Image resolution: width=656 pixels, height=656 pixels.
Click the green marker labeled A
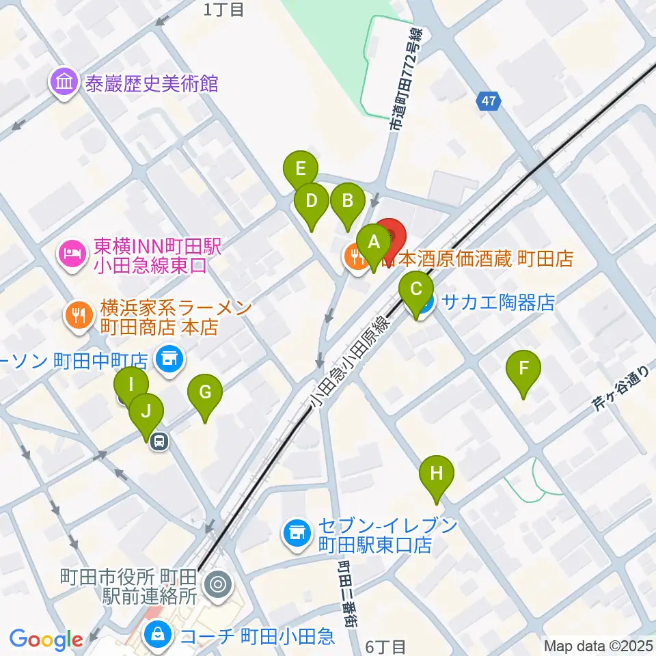tap(374, 243)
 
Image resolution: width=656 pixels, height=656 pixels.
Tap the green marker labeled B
tap(347, 203)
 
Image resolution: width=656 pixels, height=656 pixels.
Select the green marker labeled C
tap(416, 290)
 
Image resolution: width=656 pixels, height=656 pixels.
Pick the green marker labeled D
tap(312, 203)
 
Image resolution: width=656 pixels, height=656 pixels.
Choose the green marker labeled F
tap(523, 370)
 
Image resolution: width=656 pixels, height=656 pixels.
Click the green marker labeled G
tap(205, 394)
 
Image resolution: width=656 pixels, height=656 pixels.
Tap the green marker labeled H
tap(437, 474)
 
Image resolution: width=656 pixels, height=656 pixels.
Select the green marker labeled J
tap(147, 412)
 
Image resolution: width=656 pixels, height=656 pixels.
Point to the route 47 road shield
tap(488, 102)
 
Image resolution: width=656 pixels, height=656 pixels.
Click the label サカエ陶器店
tap(499, 302)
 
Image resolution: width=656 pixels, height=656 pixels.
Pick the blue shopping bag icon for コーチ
tap(158, 637)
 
